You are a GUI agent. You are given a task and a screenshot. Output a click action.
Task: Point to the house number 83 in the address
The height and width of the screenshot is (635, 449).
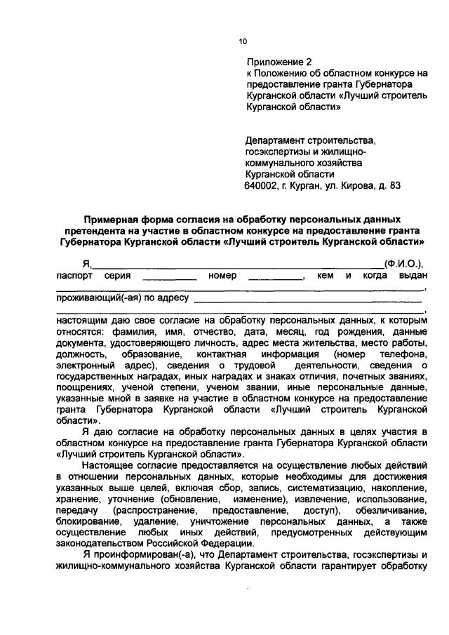(394, 186)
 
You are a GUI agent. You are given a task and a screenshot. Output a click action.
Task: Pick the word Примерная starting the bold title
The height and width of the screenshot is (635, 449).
(114, 220)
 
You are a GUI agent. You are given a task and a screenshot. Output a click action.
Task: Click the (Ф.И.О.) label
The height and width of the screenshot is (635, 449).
(403, 264)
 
